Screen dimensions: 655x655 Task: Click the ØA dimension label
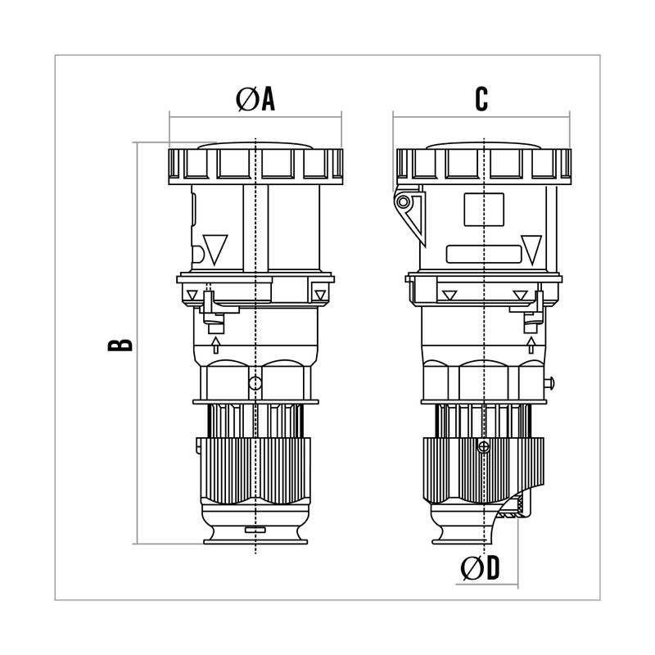click(255, 99)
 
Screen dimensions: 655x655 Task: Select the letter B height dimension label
click(120, 345)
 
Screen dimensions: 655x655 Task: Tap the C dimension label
click(481, 99)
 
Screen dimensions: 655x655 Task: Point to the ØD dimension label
click(480, 568)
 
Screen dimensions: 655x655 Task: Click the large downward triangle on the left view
click(215, 250)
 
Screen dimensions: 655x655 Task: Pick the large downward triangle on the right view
click(531, 250)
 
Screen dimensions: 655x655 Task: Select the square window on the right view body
click(484, 210)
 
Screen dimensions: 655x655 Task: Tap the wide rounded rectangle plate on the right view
click(484, 255)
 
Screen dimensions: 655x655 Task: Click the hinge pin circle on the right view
click(403, 202)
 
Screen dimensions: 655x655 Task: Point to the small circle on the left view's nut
click(255, 382)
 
